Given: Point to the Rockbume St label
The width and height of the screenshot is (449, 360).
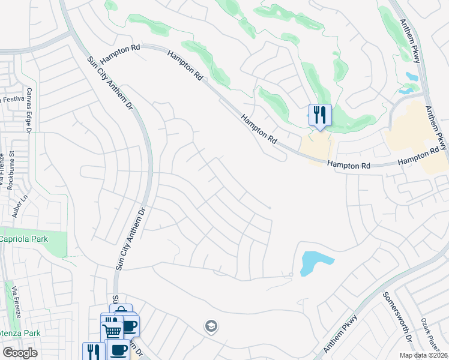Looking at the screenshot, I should [10, 170].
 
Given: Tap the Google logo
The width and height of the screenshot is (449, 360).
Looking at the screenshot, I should [20, 353].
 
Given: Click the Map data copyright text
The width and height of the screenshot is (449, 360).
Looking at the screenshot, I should [424, 355].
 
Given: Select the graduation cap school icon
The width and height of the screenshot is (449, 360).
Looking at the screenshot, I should [211, 326].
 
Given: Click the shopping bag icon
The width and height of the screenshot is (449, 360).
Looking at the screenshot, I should [121, 311].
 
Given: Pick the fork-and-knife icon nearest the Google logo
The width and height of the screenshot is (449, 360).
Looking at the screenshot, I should [94, 351].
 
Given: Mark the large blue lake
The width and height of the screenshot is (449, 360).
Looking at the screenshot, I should [314, 262].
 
